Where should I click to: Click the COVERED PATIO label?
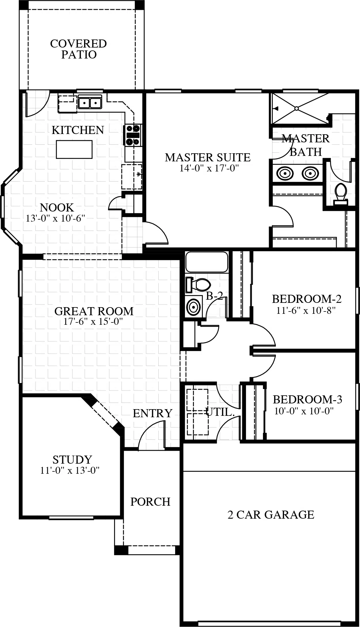click(78, 49)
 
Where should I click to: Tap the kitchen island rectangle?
click(74, 149)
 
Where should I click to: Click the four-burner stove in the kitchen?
click(132, 135)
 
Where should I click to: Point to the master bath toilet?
click(340, 193)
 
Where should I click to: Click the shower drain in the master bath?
click(297, 109)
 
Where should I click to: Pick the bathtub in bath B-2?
click(206, 262)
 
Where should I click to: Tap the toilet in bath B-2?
click(198, 285)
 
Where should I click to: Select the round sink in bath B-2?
click(193, 307)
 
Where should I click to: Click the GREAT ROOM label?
click(94, 311)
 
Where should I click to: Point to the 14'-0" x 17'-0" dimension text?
click(209, 168)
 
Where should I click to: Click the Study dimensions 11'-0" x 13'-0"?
click(70, 471)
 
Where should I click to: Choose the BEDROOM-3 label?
click(307, 399)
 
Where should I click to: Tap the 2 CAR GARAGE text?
click(271, 515)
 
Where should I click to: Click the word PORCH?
click(150, 502)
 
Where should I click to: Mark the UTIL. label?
click(220, 412)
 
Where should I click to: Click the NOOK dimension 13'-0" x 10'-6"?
click(56, 218)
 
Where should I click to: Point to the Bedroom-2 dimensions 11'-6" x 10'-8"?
click(306, 311)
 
